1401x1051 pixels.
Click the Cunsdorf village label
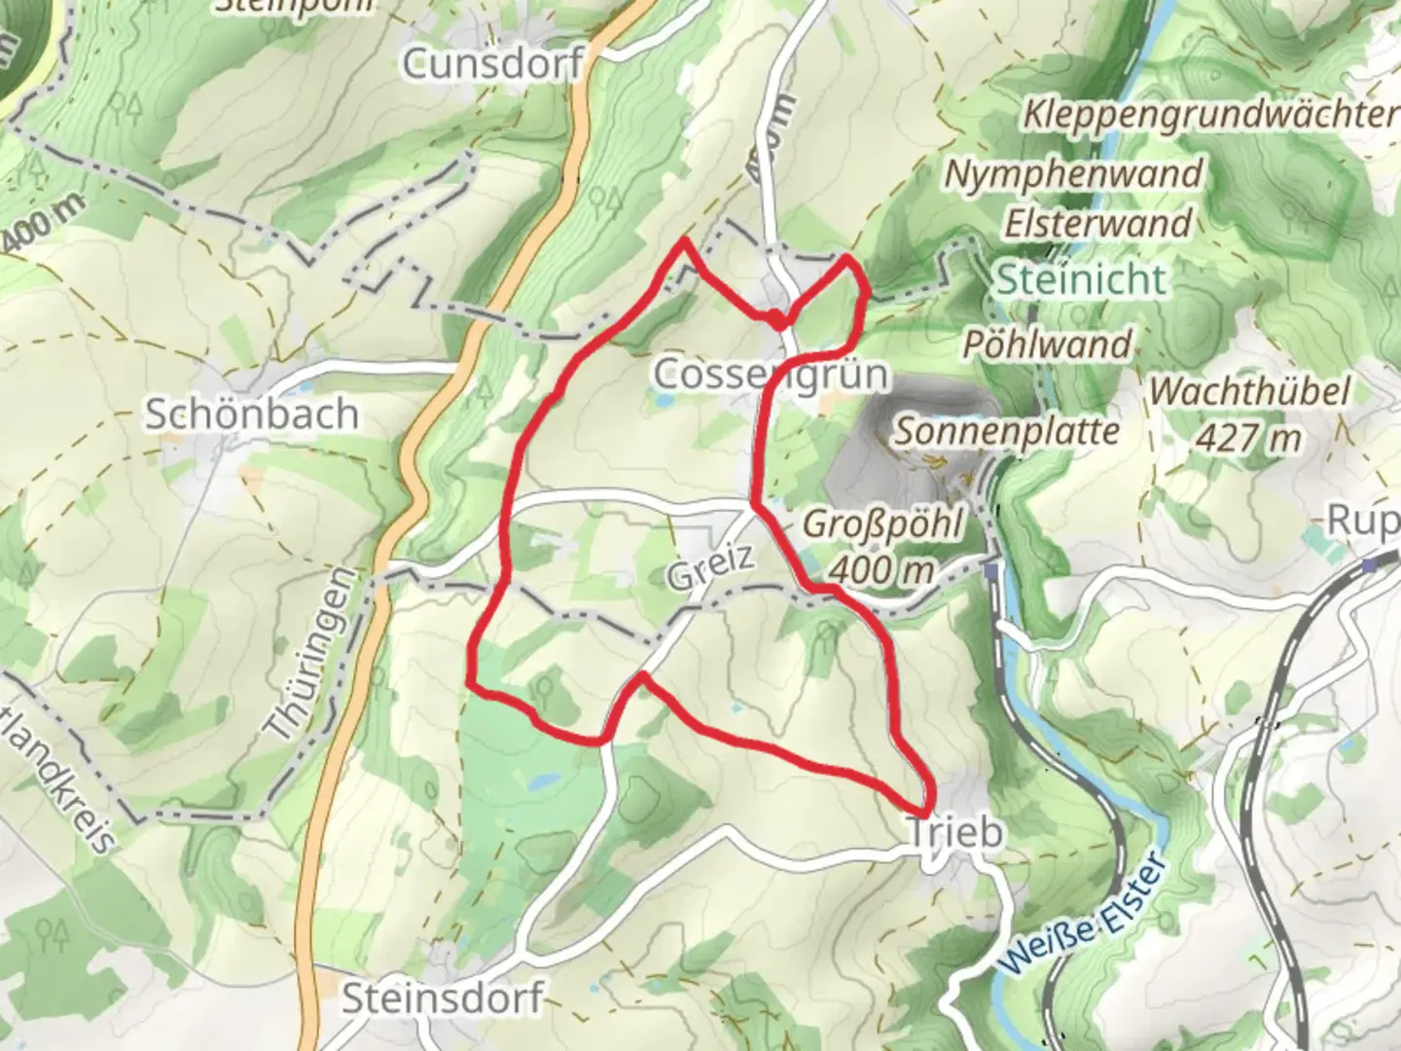[x=492, y=64]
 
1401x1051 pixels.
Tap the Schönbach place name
[x=252, y=415]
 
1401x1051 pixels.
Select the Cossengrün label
[x=758, y=374]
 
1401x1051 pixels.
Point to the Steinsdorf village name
[x=443, y=999]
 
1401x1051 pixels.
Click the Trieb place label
[x=954, y=833]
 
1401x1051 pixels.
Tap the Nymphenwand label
[x=1074, y=175]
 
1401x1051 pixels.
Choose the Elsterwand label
[x=1097, y=224]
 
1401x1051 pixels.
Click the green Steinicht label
[x=1081, y=279]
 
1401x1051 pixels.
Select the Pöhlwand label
[x=1048, y=344]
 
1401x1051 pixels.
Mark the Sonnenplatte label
[x=1007, y=431]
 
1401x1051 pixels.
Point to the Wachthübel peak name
[x=1249, y=392]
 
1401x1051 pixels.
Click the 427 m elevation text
[x=1248, y=439]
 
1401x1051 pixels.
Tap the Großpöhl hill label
[x=882, y=525]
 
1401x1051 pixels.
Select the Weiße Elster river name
[x=1080, y=915]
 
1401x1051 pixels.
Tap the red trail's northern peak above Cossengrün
[x=686, y=239]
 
